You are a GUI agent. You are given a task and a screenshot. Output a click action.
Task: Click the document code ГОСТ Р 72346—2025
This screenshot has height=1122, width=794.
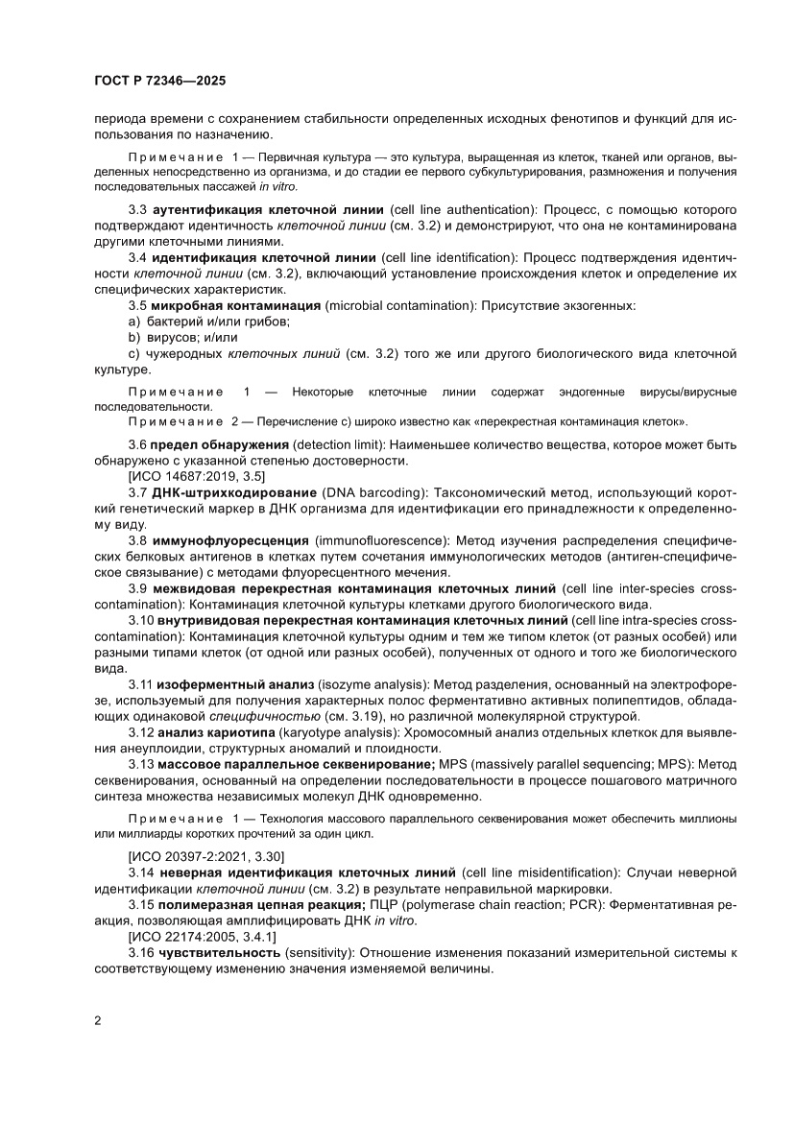(160, 83)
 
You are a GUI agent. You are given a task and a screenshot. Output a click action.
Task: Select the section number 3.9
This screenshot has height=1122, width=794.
(137, 587)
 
